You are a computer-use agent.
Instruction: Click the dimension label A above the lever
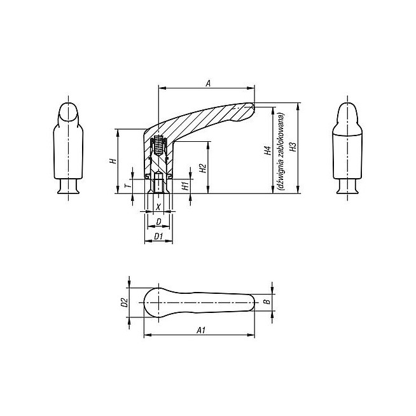point(208,83)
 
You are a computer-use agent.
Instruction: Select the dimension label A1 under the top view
point(201,330)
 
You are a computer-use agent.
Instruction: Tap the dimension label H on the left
point(114,161)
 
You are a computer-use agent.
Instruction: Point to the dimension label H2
point(203,169)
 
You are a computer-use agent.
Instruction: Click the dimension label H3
point(293,147)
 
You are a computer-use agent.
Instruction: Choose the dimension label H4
point(268,150)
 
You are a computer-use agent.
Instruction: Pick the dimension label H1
point(186,186)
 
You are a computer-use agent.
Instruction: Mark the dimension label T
point(128,184)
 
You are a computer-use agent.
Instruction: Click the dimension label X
point(158,207)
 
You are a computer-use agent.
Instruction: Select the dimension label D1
point(158,236)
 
